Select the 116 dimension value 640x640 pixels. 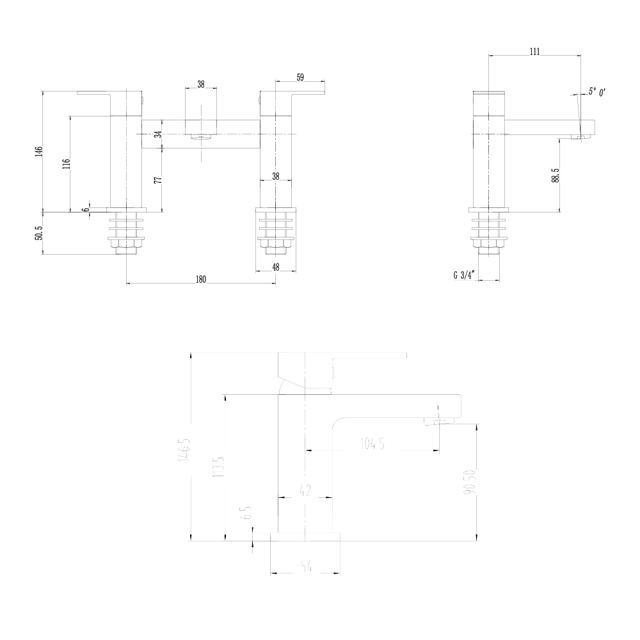coord(66,163)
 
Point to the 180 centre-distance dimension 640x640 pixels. coord(201,278)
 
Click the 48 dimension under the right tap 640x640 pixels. coord(276,268)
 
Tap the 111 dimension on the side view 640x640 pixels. coord(535,52)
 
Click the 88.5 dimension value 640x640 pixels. coord(556,176)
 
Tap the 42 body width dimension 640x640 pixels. coord(306,492)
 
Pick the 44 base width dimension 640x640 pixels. coord(305,566)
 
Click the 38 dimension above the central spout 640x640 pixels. coord(201,84)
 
